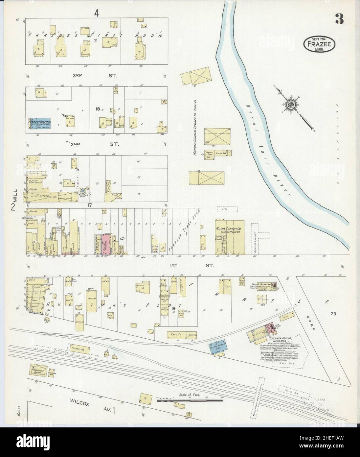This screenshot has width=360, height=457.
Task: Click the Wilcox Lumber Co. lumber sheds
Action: pyautogui.click(x=229, y=237)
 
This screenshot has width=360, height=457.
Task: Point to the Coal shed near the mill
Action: pyautogui.click(x=284, y=318)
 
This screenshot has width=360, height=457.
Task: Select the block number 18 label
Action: pyautogui.click(x=98, y=108)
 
